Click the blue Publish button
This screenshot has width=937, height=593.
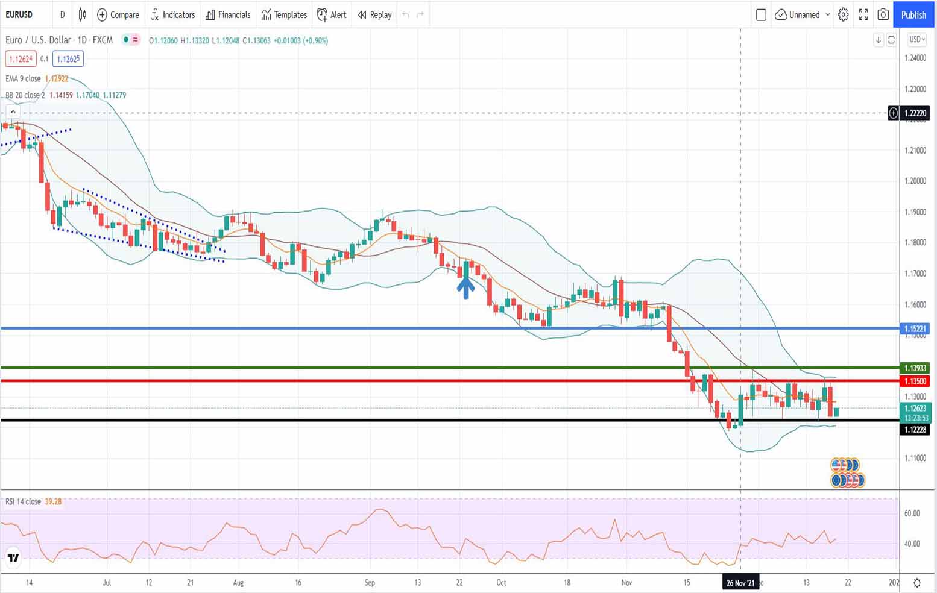coord(913,15)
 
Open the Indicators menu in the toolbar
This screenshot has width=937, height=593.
coord(173,15)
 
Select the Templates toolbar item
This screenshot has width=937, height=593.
coord(284,15)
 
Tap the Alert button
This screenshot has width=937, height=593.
coord(332,15)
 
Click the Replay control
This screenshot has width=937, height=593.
coord(374,15)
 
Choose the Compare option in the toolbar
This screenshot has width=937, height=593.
coord(118,15)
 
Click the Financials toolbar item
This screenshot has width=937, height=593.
coord(228,15)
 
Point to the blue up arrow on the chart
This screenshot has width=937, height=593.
coord(465,287)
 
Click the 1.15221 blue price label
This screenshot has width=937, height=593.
coord(915,328)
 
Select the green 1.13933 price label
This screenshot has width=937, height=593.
coord(915,368)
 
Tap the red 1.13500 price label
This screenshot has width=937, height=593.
coord(915,381)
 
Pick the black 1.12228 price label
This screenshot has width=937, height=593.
coord(915,430)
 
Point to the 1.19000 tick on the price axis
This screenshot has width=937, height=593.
coord(915,212)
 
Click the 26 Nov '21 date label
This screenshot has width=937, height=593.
coord(740,583)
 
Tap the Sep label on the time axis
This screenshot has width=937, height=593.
coord(370,583)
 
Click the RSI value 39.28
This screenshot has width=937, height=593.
coord(53,501)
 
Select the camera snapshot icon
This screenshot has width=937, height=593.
coord(883,15)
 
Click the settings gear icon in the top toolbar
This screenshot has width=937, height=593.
coord(844,15)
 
